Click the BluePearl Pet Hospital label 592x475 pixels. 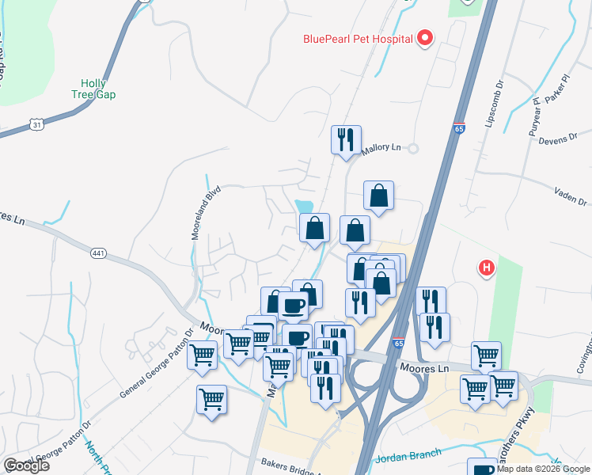[x=359, y=38]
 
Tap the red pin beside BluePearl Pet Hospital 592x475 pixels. [x=425, y=37]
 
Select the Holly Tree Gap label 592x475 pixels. [x=98, y=89]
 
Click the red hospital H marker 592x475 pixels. [x=487, y=268]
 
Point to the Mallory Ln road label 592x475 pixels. [x=381, y=148]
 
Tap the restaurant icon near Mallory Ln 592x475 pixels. [x=346, y=140]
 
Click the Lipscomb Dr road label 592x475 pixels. [x=495, y=105]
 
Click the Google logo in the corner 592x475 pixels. [x=26, y=465]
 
